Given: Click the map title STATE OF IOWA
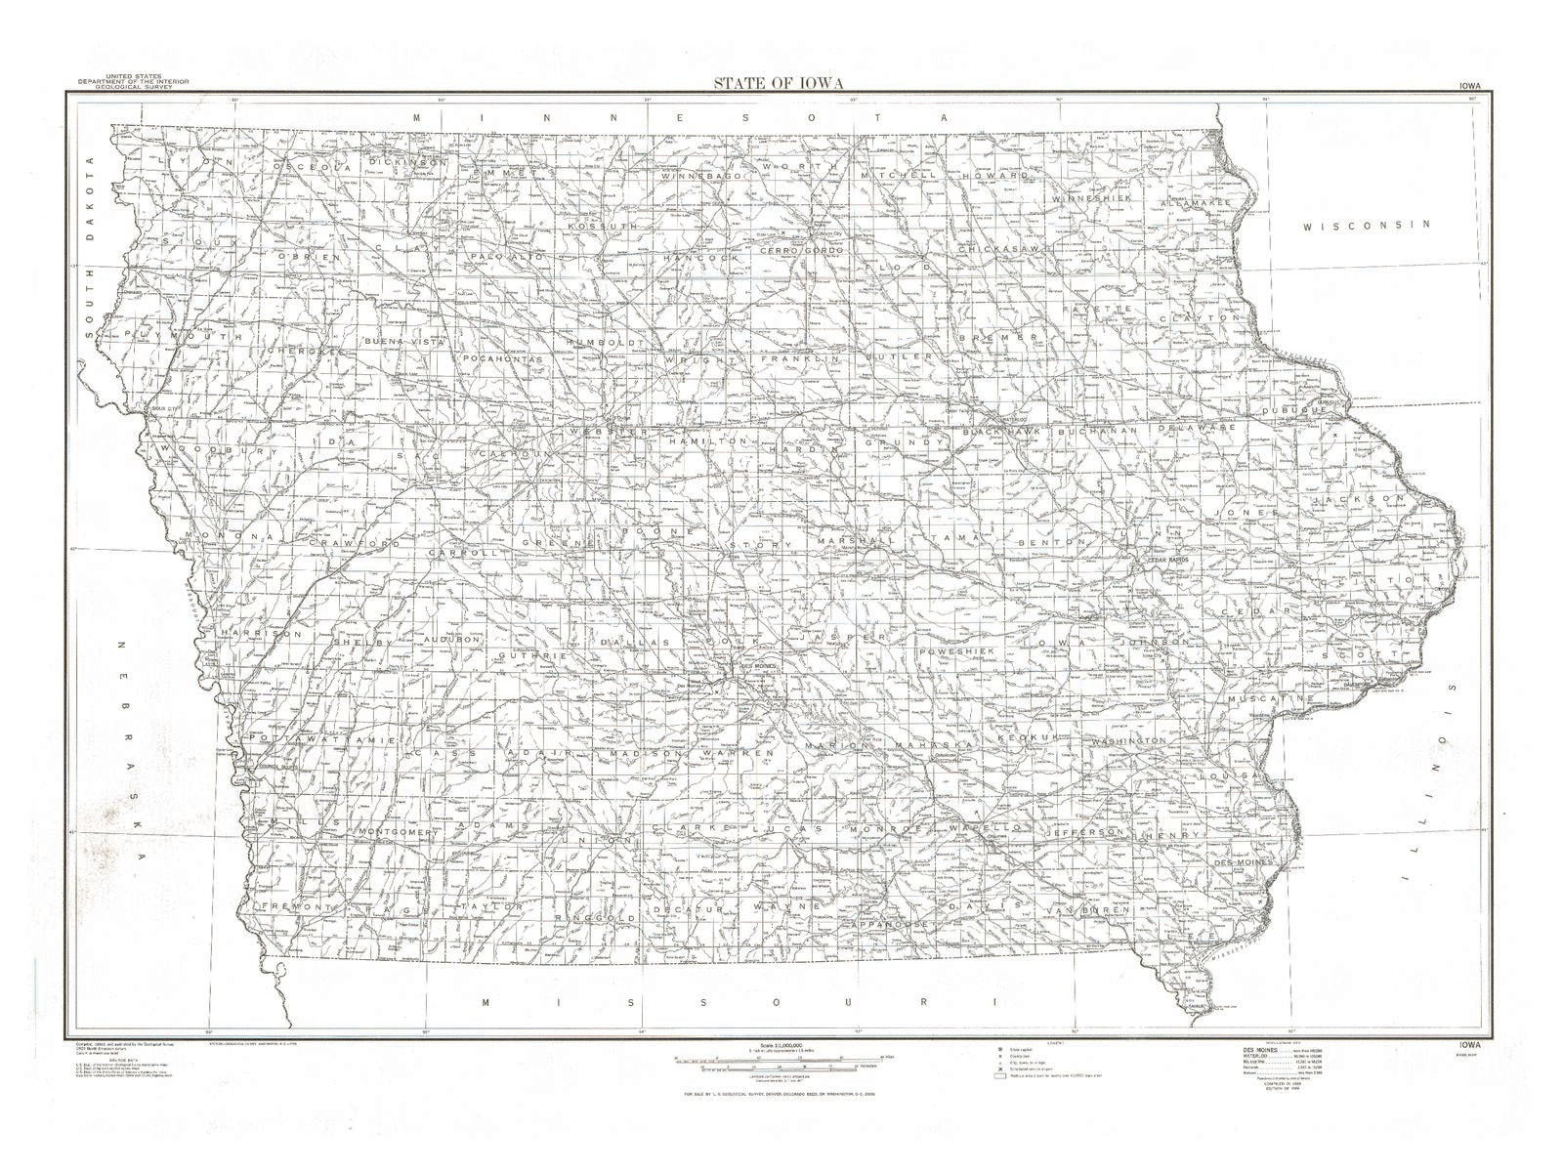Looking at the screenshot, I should tap(778, 82).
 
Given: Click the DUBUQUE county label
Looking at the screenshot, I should tap(1294, 411).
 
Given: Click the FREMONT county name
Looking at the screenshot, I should tap(285, 906).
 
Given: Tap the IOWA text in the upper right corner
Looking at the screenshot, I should tap(1469, 86).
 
